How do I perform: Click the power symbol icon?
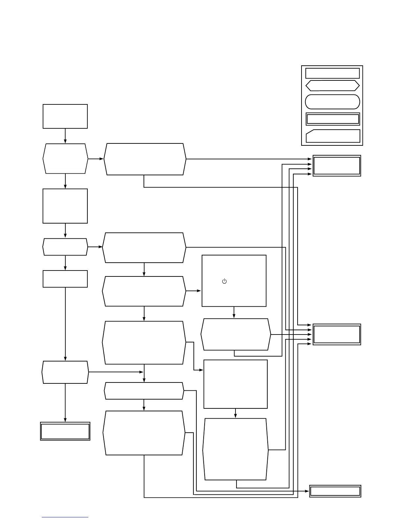coord(224,281)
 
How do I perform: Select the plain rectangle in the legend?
coord(332,73)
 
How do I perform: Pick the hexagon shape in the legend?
coord(332,86)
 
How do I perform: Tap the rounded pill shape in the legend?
coord(332,102)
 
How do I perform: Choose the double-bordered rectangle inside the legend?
coord(333,119)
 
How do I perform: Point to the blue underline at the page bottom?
coord(65,517)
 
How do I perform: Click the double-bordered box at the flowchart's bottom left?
coord(65,431)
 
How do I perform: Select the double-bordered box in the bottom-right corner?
coord(335,491)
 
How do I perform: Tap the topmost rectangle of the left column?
coord(65,116)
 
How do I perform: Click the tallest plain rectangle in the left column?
coord(65,206)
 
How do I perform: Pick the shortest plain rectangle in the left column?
coord(65,279)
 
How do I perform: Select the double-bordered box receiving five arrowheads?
coord(337,334)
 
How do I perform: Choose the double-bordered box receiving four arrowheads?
coord(337,166)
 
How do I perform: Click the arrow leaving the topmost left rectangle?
coord(65,136)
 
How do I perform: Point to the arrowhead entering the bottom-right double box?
coord(307,491)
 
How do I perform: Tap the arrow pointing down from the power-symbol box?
coord(234,313)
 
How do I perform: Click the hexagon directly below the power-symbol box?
coord(235,334)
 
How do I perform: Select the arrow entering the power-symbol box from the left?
coord(194,291)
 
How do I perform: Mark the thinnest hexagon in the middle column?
coord(144,391)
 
